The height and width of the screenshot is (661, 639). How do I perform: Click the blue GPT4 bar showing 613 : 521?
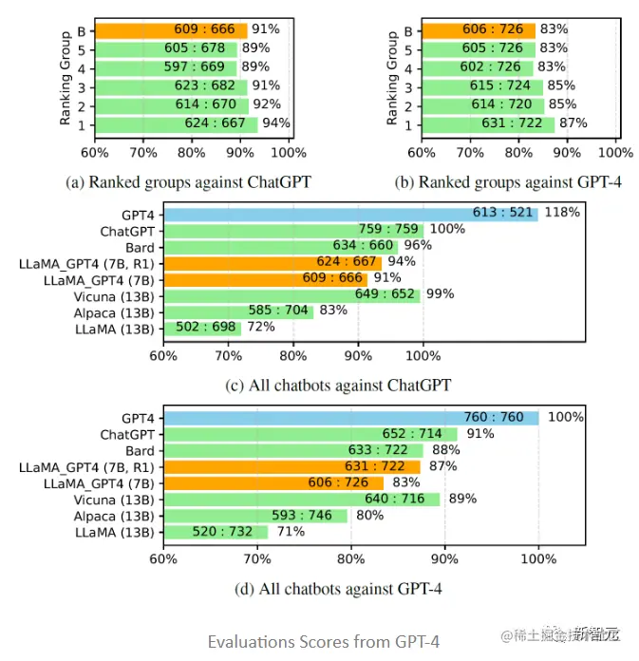click(x=350, y=214)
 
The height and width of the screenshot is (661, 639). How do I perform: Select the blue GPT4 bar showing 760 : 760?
click(x=350, y=418)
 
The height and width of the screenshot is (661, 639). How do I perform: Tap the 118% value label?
click(x=562, y=213)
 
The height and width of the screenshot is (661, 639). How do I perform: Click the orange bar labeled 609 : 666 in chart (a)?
click(x=171, y=30)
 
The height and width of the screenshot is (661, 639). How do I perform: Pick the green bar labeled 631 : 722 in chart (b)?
click(x=489, y=123)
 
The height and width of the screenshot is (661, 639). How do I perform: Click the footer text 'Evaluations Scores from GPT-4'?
click(x=324, y=641)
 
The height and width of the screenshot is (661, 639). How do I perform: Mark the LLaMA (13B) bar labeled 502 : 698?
click(x=202, y=328)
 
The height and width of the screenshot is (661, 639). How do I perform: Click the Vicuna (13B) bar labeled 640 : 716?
click(x=301, y=499)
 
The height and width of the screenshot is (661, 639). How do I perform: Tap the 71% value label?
click(x=291, y=532)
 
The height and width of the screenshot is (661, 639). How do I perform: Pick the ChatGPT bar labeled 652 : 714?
click(x=310, y=434)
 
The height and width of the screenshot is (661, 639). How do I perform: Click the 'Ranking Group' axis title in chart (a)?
click(x=66, y=80)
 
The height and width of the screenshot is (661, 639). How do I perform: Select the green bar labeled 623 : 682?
click(x=171, y=86)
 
